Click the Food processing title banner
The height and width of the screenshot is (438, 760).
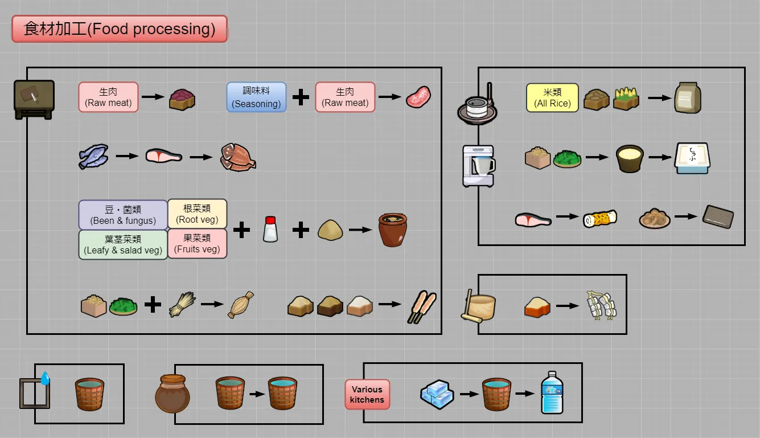[x=120, y=29]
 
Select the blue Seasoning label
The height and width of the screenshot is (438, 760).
[x=256, y=97]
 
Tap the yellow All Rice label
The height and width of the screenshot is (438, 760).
[x=552, y=97]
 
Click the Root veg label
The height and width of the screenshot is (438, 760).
[x=197, y=214]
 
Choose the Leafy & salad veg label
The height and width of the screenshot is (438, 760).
[x=122, y=244]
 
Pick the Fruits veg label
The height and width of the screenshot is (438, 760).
[x=197, y=244]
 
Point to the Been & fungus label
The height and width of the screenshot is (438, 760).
[x=122, y=214]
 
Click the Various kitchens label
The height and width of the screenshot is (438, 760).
[x=367, y=394]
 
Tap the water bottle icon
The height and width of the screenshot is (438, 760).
[x=552, y=392]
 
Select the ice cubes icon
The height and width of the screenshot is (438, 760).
[x=437, y=394]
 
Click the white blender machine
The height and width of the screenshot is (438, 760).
[x=478, y=165]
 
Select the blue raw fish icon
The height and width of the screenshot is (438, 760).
[x=93, y=155]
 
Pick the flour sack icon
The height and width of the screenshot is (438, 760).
[x=687, y=97]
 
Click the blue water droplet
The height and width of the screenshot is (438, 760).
[x=45, y=378]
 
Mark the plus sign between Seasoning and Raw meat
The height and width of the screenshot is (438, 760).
[x=301, y=97]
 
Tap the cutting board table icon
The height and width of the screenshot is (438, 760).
[x=34, y=99]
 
